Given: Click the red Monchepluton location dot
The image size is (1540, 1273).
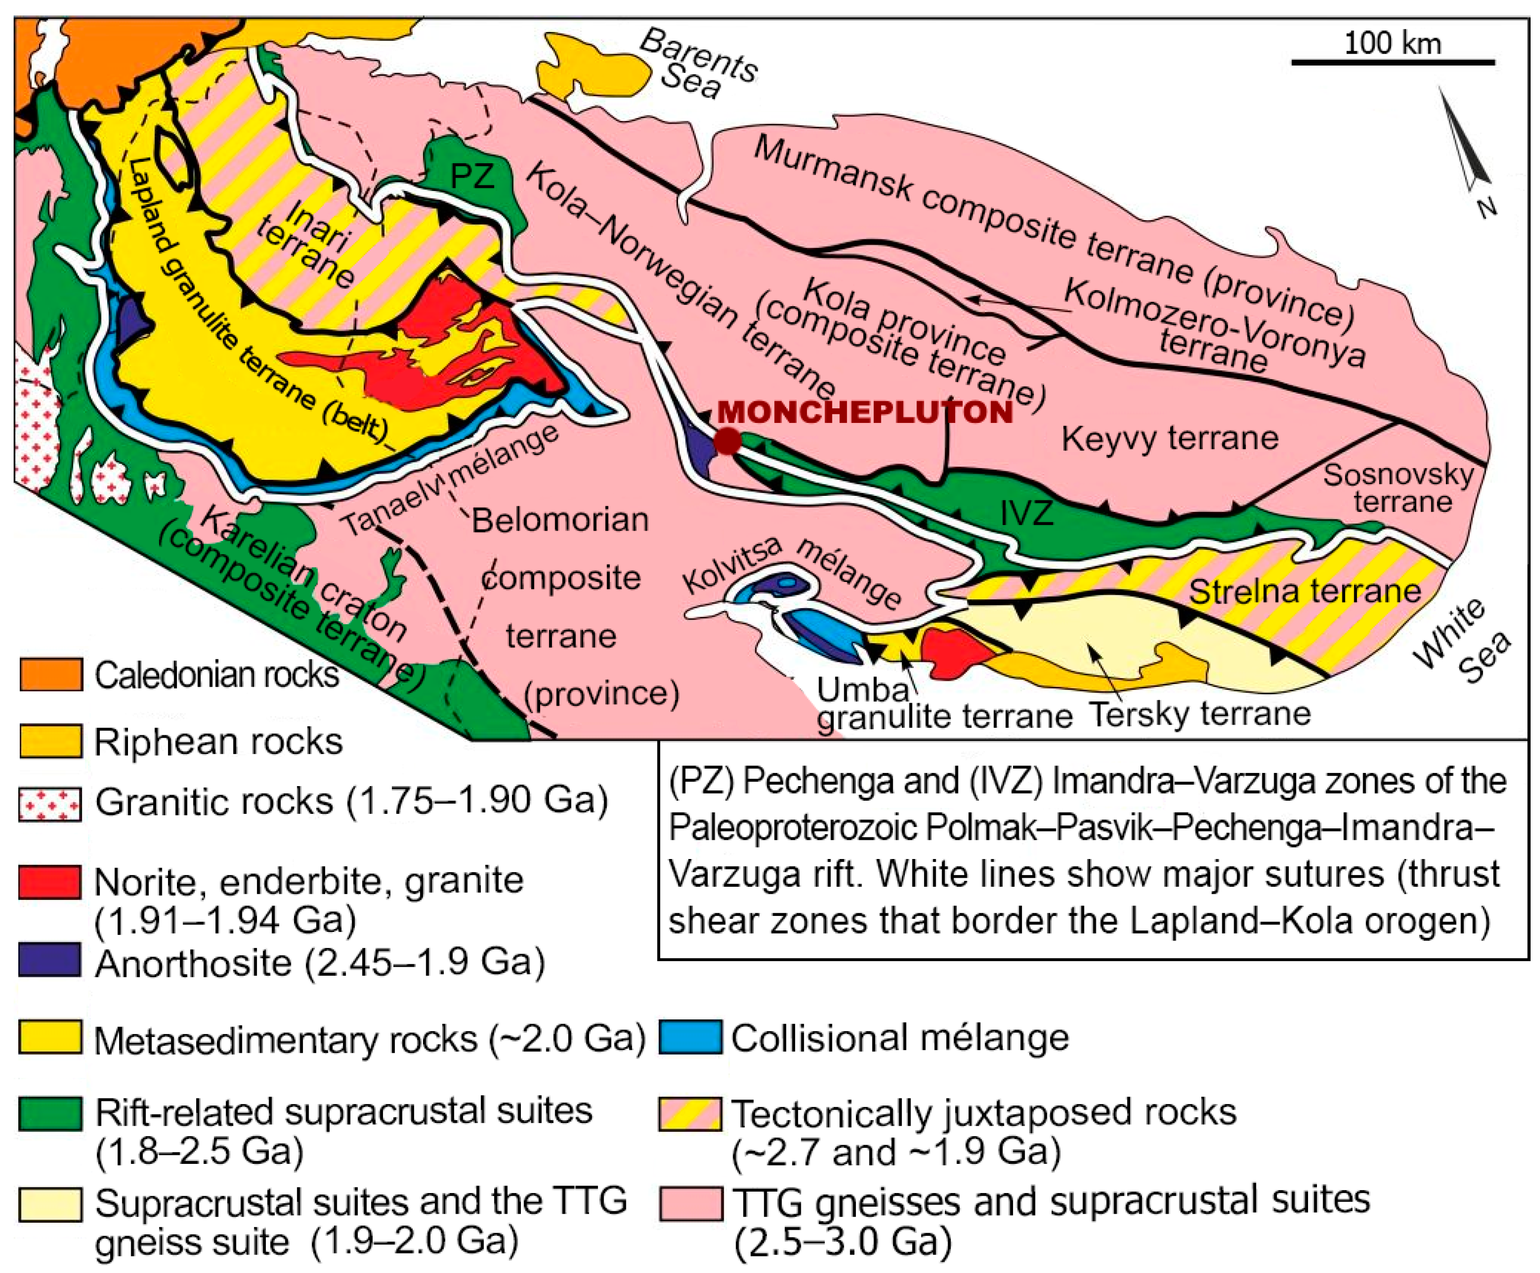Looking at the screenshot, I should pos(727,441).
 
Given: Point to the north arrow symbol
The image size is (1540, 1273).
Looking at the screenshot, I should pos(1467,147).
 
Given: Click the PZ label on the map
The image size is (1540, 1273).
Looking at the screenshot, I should pos(472,176).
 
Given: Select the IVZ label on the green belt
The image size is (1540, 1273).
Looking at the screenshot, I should pos(1027,513).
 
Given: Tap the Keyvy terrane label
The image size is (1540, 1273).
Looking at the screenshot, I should pos(1170,438).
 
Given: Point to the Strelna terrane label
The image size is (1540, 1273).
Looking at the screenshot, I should pos(1305,591).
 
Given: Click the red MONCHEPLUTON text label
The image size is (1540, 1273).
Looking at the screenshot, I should pos(865,412).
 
